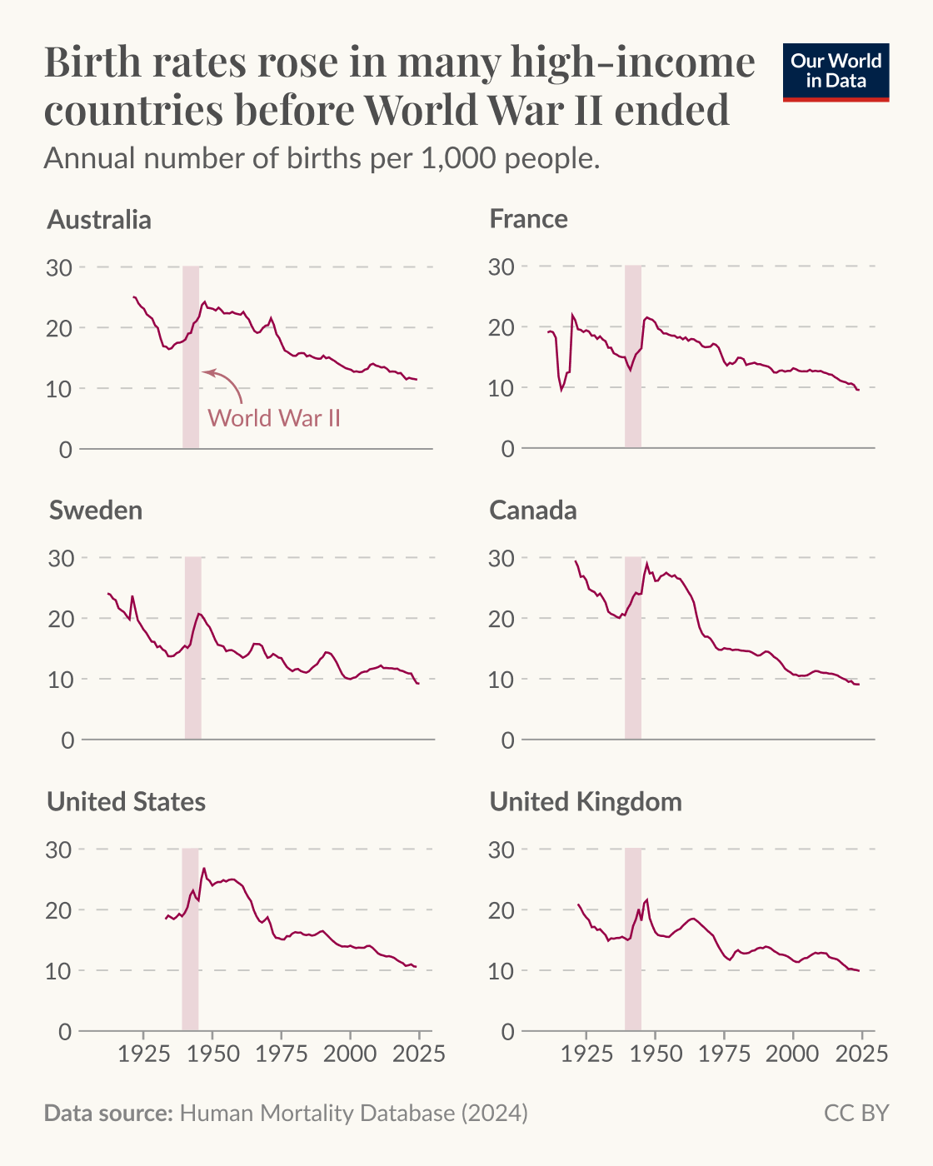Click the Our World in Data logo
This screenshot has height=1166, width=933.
pos(836,72)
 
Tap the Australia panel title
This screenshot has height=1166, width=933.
pos(99,220)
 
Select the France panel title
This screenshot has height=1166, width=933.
pos(528,219)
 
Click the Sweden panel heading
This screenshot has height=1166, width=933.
pos(96,511)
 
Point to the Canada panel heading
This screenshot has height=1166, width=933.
pos(532,511)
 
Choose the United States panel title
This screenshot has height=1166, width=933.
pos(126,802)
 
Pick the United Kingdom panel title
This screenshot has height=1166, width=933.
pos(585,802)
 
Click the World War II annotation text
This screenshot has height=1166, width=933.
pos(274,417)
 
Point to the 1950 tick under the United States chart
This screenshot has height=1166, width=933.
pos(212,1054)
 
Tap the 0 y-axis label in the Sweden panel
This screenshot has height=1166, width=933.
pos(67,740)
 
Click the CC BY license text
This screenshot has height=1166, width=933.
pos(856,1114)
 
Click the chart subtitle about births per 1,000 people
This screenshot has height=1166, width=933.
pos(322,158)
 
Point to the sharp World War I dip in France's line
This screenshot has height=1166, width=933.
pos(561,388)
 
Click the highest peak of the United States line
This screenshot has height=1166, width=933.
pos(203,869)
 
